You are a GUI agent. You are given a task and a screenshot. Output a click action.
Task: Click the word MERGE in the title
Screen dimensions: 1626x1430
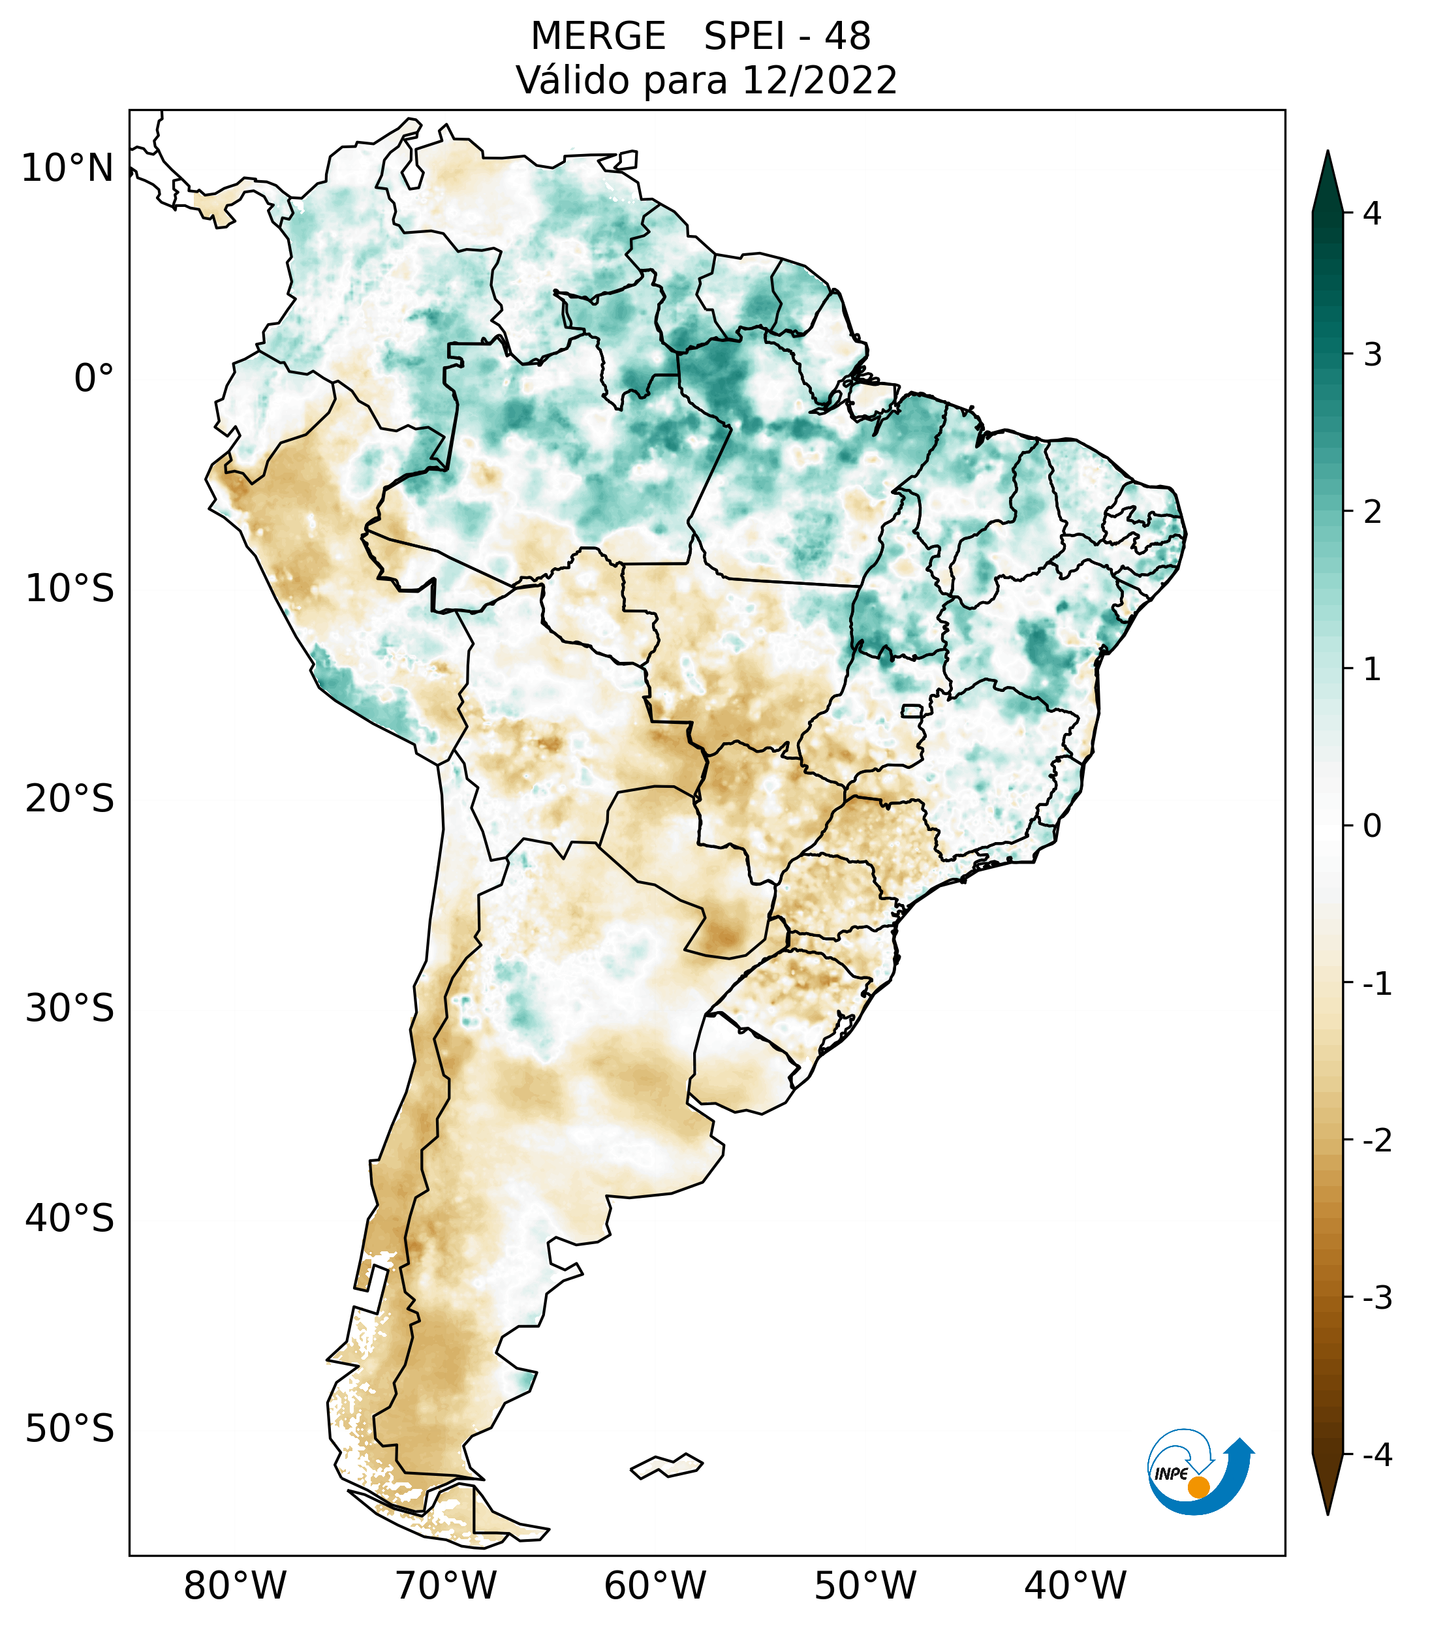(598, 37)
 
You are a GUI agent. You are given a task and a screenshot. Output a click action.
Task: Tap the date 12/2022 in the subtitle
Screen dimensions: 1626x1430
(819, 80)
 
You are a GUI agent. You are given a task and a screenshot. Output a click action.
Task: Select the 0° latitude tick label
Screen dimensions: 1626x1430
(94, 379)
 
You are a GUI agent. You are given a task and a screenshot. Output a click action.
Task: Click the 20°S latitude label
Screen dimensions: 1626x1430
(70, 799)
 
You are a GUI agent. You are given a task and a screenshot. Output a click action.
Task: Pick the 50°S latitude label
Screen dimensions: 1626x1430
(70, 1430)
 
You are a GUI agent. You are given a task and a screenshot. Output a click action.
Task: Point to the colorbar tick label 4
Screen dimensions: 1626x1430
(1372, 213)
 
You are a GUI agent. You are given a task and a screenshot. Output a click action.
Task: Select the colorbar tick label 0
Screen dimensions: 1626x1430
(1372, 826)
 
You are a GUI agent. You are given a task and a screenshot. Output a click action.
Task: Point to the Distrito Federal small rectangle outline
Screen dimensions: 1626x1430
(911, 710)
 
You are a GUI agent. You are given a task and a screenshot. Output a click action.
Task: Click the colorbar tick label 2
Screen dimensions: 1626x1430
(1372, 512)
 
